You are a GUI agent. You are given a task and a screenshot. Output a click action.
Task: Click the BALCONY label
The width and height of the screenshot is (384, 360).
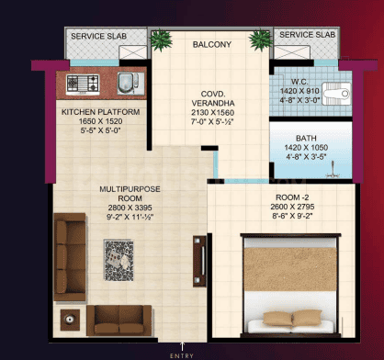(x=212, y=45)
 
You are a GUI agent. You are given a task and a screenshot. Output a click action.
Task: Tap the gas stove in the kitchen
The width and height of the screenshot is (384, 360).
(x=83, y=84)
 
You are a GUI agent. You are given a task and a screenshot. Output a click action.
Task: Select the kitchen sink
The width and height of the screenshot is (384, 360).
(x=130, y=84)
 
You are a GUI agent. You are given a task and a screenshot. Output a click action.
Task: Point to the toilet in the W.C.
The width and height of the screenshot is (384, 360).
(x=336, y=94)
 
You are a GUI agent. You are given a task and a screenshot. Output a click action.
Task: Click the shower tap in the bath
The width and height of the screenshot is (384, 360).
(x=333, y=170)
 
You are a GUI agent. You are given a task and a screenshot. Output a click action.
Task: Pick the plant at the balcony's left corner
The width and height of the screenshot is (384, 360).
(x=161, y=39)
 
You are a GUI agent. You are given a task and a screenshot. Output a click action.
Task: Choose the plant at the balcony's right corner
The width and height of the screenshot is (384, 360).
(x=261, y=39)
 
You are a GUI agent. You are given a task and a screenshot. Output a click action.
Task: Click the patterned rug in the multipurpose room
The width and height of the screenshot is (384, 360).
(x=119, y=261)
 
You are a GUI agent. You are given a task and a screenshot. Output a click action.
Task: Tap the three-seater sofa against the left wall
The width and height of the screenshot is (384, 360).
(x=70, y=257)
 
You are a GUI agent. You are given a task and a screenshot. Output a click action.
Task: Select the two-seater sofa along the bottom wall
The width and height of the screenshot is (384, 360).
(x=119, y=321)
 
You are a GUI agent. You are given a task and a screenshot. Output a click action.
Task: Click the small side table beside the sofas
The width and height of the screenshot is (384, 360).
(x=70, y=320)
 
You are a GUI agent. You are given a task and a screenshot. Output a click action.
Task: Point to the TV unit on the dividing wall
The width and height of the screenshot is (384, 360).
(x=199, y=261)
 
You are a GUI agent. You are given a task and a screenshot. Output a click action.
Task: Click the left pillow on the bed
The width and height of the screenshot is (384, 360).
(x=277, y=319)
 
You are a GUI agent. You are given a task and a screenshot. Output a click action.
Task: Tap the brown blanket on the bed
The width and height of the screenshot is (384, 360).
(x=290, y=269)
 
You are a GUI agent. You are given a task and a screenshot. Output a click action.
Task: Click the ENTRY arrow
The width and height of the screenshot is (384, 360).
(x=183, y=346)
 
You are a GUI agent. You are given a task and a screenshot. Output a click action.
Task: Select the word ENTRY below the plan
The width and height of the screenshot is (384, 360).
(x=182, y=355)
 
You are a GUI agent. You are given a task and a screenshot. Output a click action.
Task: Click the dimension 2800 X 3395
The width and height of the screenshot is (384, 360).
(x=130, y=208)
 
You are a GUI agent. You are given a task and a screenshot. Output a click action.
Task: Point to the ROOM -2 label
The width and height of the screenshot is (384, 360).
(x=292, y=197)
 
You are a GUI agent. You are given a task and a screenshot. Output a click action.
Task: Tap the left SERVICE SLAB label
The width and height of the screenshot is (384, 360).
(x=98, y=36)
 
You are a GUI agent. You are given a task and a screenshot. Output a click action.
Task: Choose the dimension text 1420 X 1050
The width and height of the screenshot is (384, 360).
(x=306, y=148)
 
